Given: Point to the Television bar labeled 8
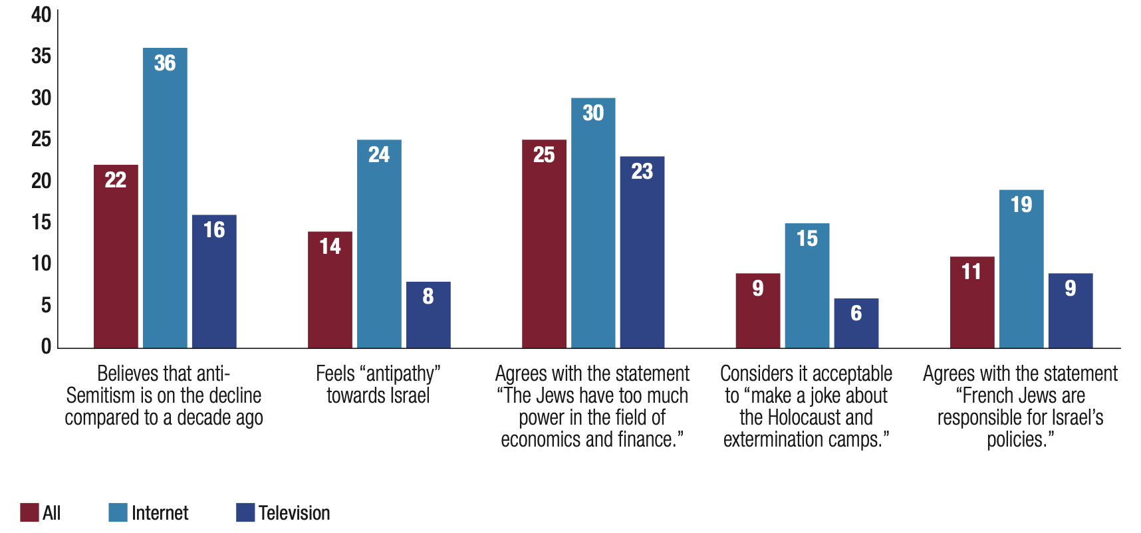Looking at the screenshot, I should [x=428, y=315].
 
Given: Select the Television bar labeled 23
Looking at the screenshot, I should [x=642, y=253].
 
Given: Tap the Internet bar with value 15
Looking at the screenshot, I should [x=807, y=286].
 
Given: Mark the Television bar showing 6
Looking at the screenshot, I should [x=856, y=323].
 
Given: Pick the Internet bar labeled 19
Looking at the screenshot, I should [x=1021, y=269].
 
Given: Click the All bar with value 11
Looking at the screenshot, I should [x=972, y=302].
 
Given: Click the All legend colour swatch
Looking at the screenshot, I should [x=29, y=512].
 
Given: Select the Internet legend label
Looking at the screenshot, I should [x=160, y=513].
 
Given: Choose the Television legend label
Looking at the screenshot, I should [x=294, y=513].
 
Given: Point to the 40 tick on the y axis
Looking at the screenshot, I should [x=41, y=15].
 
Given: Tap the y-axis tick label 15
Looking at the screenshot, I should [x=41, y=222].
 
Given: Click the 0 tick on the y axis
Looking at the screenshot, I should [x=46, y=346].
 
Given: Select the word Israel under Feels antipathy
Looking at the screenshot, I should [x=408, y=395].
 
